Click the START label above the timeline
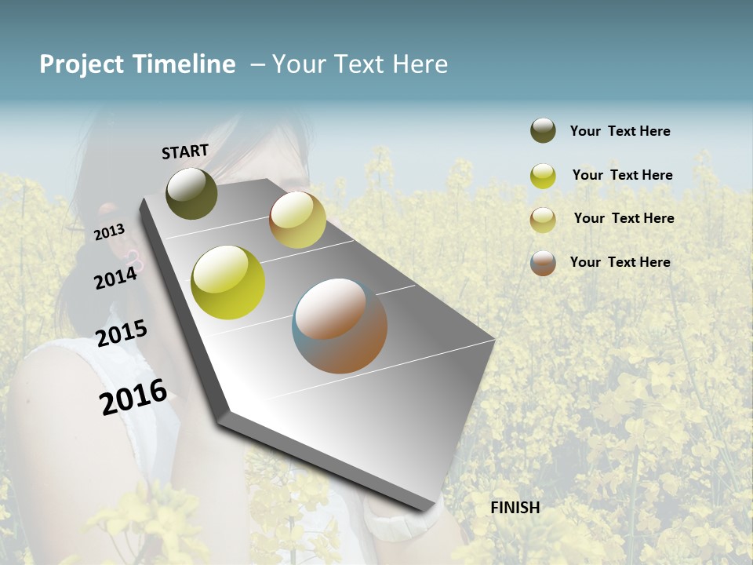coord(185,151)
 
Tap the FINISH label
coord(515,508)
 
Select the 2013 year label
coord(109,231)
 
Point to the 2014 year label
coord(115,277)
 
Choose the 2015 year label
coord(122,334)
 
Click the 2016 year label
coord(133,396)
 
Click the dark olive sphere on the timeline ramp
coord(191,193)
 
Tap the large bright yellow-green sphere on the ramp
coord(228,282)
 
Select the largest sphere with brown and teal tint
coord(340,326)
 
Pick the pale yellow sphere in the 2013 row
coord(297,220)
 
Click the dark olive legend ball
coord(543,130)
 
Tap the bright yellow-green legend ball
coord(543,176)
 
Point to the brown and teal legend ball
coord(543,263)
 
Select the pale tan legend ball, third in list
coord(543,220)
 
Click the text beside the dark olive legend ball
coord(620,131)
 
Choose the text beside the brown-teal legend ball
coord(620,262)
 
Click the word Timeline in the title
coord(184,64)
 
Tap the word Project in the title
coord(82,64)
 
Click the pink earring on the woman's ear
coord(134,258)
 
